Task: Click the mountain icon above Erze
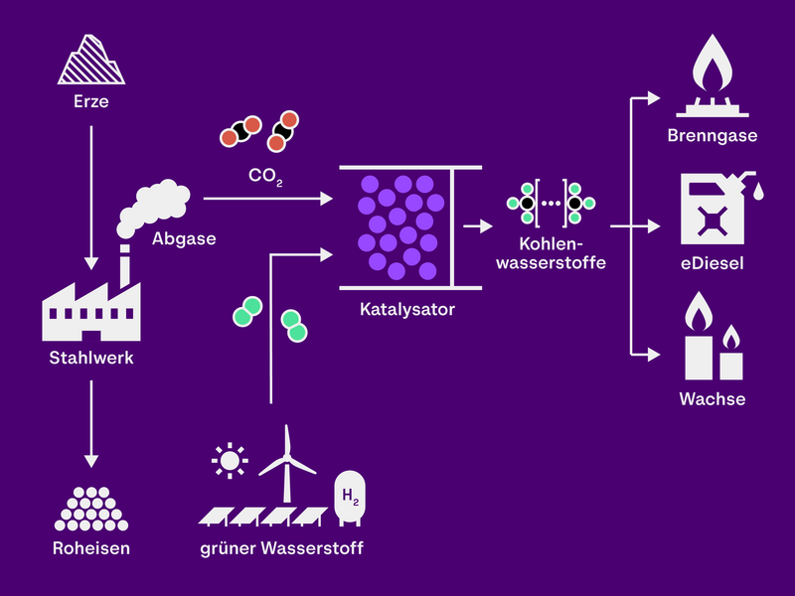(90, 60)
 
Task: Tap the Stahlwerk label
(90, 358)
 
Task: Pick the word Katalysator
(407, 309)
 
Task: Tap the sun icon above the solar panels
(231, 460)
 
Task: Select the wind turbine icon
(287, 462)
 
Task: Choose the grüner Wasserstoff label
(281, 547)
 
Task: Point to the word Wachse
(713, 399)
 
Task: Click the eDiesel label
(713, 264)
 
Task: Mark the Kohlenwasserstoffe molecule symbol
(551, 203)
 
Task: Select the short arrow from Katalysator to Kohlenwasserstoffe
(479, 226)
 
